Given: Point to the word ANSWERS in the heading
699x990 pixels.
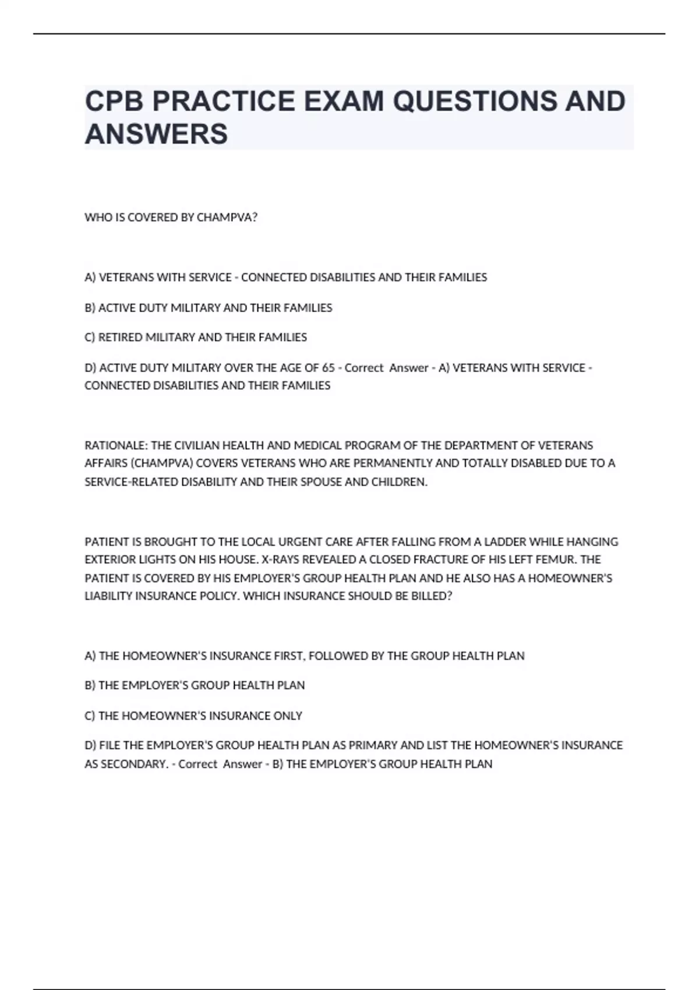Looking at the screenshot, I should [x=156, y=134].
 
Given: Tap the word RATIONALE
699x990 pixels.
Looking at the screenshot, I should [x=116, y=446].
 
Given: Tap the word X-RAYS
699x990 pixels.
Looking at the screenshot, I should [x=279, y=560].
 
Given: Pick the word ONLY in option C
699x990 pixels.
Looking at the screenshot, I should [x=288, y=716].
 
